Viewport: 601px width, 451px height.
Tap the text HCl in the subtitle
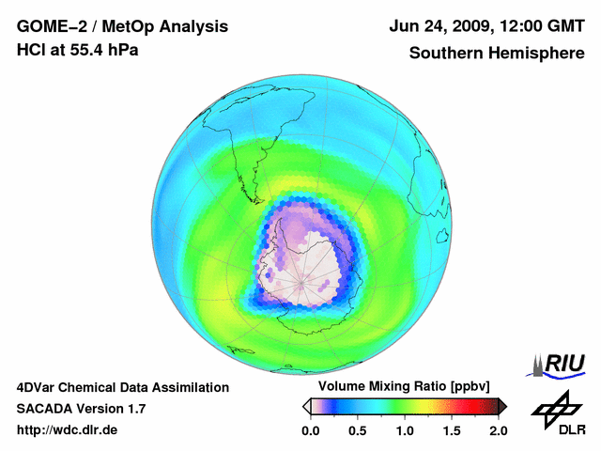[x=32, y=49]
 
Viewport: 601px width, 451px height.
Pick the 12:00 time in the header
[x=511, y=26]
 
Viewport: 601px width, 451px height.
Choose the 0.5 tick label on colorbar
[x=357, y=430]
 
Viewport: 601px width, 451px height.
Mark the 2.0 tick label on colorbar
[x=498, y=430]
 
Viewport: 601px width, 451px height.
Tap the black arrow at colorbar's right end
[x=502, y=406]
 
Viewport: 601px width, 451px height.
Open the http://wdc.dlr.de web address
[x=68, y=430]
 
